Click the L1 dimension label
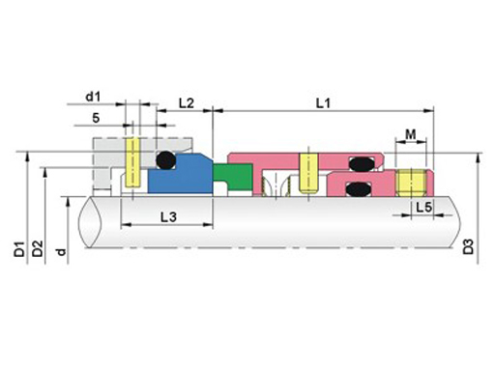click(323, 103)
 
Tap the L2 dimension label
click(187, 103)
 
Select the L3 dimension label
click(168, 217)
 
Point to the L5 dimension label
click(423, 208)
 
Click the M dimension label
click(411, 134)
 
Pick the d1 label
click(93, 97)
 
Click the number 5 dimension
click(96, 118)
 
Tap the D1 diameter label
click(19, 248)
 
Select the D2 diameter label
click(38, 248)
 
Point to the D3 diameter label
click(468, 246)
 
